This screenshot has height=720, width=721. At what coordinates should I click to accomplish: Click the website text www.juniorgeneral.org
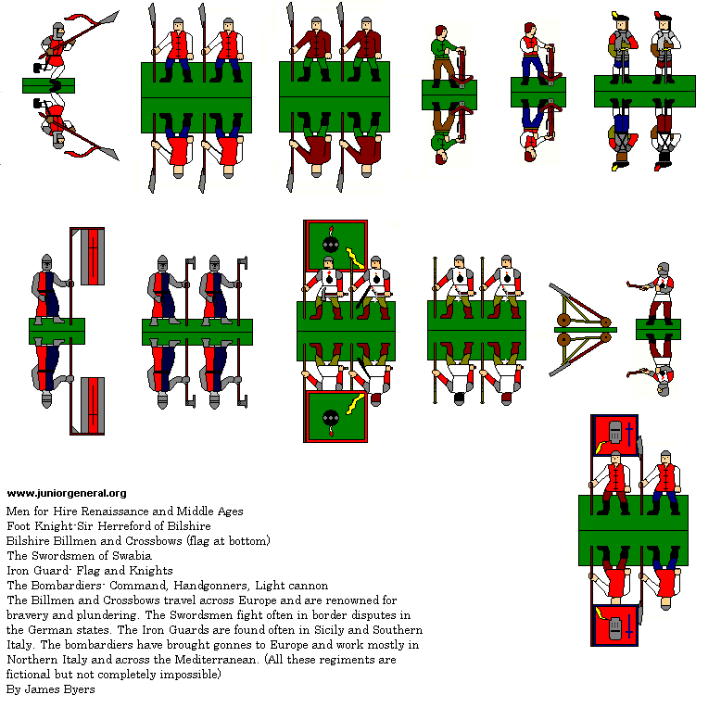pos(67,493)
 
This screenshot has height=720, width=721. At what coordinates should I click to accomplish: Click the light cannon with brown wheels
pos(583,330)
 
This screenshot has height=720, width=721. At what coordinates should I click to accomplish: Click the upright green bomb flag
pos(335,246)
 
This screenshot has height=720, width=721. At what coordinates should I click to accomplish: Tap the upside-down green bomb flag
pos(335,417)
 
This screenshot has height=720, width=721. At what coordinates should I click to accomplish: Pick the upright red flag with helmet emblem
pos(614,435)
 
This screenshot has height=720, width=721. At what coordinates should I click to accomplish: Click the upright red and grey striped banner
pos(87,256)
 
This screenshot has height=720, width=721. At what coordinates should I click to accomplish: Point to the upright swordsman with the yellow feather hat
pos(622,48)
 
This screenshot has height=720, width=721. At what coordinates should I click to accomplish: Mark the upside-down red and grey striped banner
pos(87,406)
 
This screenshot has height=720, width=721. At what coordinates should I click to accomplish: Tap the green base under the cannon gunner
pos(658,330)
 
